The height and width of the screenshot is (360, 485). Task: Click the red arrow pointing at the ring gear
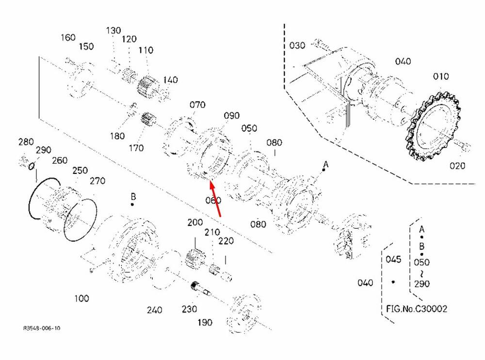(x=216, y=198)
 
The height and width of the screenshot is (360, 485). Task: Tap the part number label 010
(x=441, y=77)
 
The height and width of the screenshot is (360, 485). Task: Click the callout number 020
(x=457, y=166)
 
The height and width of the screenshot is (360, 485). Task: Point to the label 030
(x=297, y=46)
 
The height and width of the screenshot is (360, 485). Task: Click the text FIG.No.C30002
(x=417, y=309)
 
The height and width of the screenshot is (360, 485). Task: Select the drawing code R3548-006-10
(x=42, y=329)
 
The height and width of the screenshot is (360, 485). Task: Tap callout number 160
(x=68, y=37)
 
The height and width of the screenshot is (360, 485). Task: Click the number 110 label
(x=145, y=50)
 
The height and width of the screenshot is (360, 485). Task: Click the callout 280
(x=26, y=142)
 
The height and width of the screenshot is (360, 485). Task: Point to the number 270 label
(x=97, y=181)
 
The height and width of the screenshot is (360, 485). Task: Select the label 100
(x=81, y=298)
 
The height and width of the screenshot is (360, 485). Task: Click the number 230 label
(x=189, y=309)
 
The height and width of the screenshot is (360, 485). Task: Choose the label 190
(x=204, y=323)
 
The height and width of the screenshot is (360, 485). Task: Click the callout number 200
(x=195, y=222)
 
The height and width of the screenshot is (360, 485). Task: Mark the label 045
(x=393, y=259)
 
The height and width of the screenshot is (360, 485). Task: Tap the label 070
(x=197, y=105)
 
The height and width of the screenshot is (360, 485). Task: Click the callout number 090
(x=232, y=116)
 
